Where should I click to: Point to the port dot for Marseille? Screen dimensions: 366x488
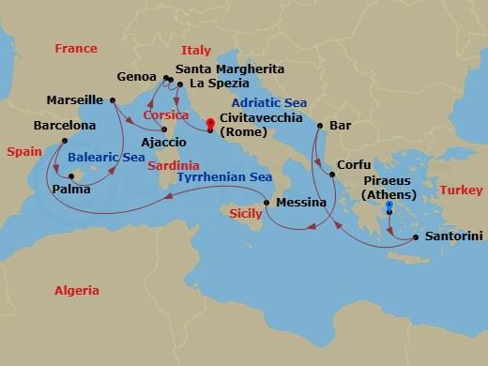coord(111,99)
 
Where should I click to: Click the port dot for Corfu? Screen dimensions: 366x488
coord(326,171)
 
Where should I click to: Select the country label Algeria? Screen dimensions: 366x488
coord(76,291)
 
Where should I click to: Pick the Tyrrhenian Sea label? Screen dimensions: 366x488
coord(220,176)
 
